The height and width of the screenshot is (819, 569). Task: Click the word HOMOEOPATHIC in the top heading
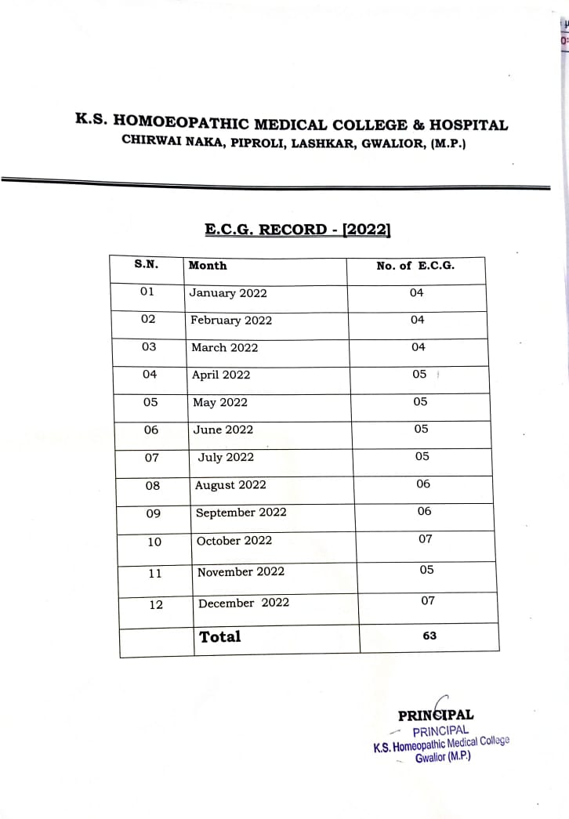[182, 124]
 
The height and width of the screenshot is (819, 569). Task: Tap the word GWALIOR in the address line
[393, 143]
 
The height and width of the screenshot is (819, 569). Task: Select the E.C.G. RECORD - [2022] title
[298, 230]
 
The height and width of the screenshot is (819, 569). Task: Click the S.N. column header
[147, 264]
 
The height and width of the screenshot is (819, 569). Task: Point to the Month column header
[208, 266]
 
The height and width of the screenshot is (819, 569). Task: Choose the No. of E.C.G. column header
[415, 266]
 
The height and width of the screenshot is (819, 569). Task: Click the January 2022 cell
[228, 293]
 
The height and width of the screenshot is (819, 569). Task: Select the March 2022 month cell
[224, 347]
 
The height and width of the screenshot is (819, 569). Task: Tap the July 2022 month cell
[226, 457]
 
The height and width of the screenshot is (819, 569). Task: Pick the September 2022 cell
[241, 513]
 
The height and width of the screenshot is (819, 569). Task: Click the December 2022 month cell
[244, 603]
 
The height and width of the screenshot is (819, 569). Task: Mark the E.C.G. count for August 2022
[423, 484]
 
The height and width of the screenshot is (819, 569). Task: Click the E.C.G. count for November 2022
[426, 570]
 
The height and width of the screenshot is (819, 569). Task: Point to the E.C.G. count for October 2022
[426, 539]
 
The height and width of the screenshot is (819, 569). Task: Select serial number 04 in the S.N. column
[150, 375]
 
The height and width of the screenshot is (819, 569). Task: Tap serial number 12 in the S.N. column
[156, 604]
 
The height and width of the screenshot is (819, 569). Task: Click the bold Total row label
[220, 636]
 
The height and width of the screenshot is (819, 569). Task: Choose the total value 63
[429, 636]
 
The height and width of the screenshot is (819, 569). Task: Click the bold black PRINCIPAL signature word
[436, 715]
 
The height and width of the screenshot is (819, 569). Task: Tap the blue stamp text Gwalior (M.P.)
[443, 759]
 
